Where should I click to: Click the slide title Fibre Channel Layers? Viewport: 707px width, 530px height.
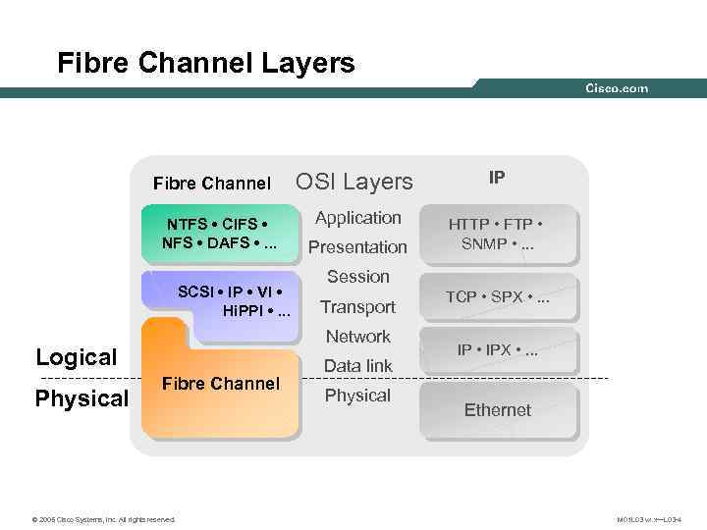click(x=206, y=64)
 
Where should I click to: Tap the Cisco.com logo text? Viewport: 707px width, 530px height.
click(x=617, y=88)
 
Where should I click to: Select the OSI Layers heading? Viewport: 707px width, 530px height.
click(x=354, y=182)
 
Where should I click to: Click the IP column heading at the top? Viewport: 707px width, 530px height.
click(x=498, y=178)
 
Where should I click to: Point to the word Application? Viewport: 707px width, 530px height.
click(x=358, y=218)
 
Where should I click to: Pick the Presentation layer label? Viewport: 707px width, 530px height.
click(x=358, y=247)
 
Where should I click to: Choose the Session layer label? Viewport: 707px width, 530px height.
click(x=358, y=277)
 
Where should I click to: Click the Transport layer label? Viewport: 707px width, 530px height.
click(x=358, y=307)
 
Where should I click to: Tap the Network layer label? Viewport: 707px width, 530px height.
click(x=358, y=337)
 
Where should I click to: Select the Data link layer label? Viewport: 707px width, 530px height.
click(x=358, y=366)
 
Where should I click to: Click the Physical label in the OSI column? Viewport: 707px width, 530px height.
click(x=358, y=396)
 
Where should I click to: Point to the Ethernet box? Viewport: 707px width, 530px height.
click(x=498, y=409)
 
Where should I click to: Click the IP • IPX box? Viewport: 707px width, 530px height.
click(x=498, y=350)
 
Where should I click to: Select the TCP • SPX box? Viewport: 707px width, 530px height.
click(x=498, y=296)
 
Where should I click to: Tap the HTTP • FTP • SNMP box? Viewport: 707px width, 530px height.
click(x=498, y=234)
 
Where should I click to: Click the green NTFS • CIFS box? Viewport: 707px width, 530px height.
click(x=217, y=233)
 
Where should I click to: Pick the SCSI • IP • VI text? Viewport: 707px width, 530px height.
click(x=234, y=301)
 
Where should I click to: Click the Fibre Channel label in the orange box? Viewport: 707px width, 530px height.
click(x=220, y=384)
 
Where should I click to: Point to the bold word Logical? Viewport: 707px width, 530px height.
click(x=77, y=357)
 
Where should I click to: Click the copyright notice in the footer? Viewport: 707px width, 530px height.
click(x=104, y=519)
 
